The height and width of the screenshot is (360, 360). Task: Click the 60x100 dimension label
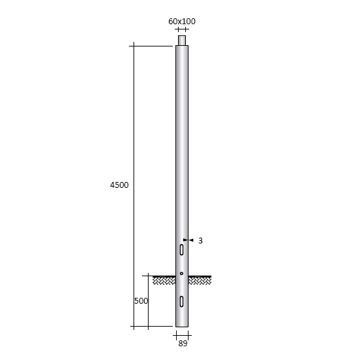click(x=182, y=22)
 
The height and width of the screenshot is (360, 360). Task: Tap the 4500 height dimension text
click(x=119, y=185)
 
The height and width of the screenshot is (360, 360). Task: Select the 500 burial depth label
click(x=141, y=301)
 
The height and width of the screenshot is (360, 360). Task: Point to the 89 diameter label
click(x=183, y=344)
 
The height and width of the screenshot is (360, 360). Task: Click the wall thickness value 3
click(x=200, y=241)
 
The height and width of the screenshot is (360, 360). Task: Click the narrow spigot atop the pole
click(x=182, y=41)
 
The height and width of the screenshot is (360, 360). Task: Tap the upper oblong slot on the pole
click(x=181, y=250)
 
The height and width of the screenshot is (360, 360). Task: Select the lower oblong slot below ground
click(x=181, y=302)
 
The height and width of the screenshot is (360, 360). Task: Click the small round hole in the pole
click(x=181, y=274)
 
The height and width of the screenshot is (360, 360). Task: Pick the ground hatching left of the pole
click(x=164, y=281)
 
